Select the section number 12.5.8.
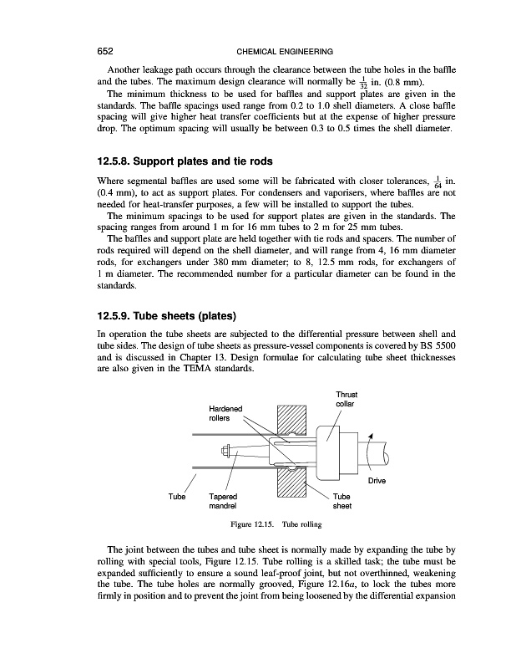point(124,160)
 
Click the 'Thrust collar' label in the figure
point(345,399)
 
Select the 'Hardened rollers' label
point(225,412)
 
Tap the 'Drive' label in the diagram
point(386,480)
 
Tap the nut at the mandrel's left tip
point(228,452)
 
